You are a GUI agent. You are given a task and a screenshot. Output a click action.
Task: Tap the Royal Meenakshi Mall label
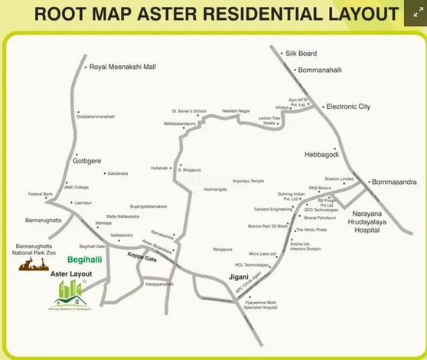tap(122, 67)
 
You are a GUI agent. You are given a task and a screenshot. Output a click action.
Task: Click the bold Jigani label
tap(241, 277)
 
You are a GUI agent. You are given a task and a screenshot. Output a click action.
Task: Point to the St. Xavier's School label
tap(189, 111)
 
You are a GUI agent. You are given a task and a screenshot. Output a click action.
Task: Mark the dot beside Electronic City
tap(323, 106)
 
